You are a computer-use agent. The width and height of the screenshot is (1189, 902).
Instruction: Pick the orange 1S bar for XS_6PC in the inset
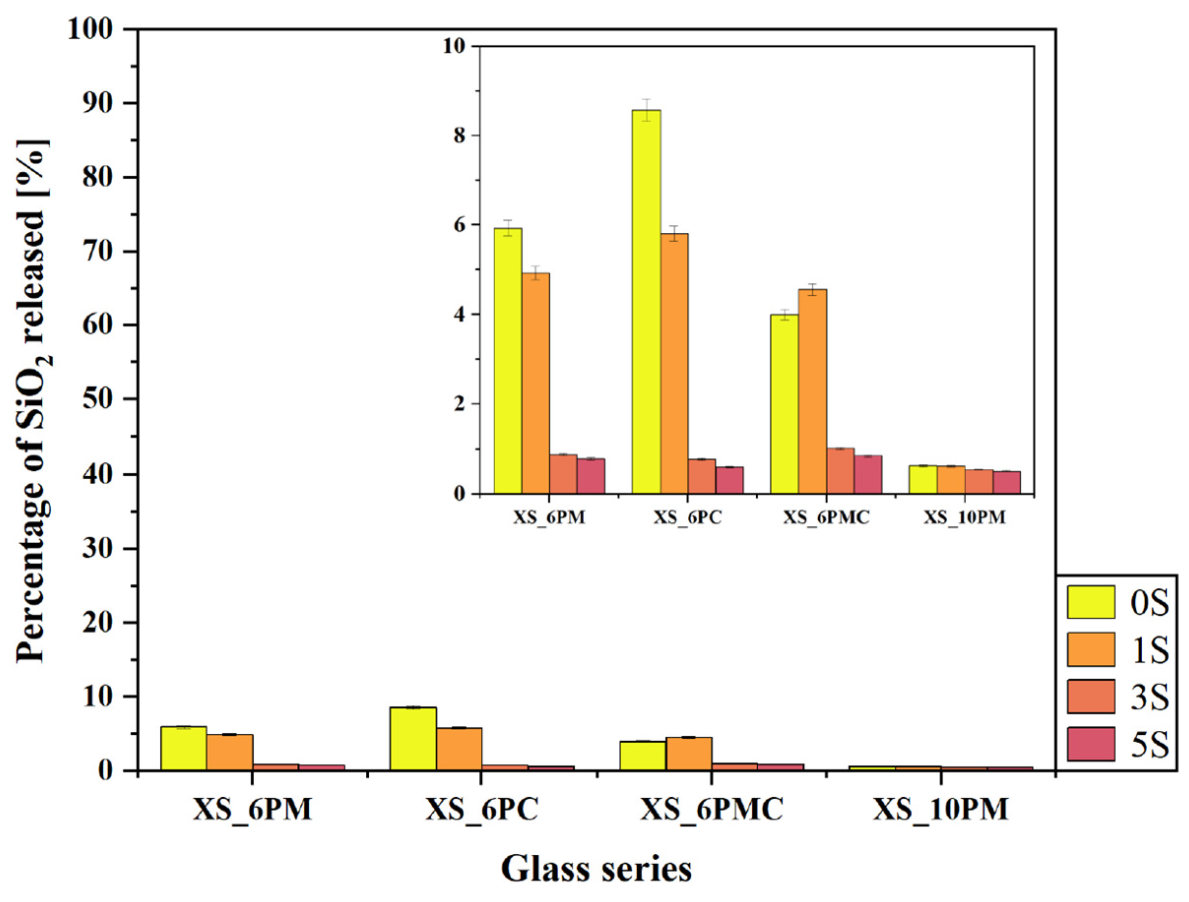[x=674, y=364]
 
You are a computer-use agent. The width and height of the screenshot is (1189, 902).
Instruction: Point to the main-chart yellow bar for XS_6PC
[x=413, y=739]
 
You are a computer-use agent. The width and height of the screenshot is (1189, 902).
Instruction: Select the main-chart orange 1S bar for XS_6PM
[x=229, y=752]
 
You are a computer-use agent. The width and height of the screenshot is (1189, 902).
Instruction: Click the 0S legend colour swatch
[x=1091, y=602]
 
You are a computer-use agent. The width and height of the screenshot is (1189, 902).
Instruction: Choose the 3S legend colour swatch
[x=1091, y=697]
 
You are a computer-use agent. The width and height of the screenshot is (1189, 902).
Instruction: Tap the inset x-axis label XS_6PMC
[x=826, y=517]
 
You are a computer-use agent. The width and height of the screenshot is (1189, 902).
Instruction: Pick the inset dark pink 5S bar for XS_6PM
[x=591, y=476]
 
